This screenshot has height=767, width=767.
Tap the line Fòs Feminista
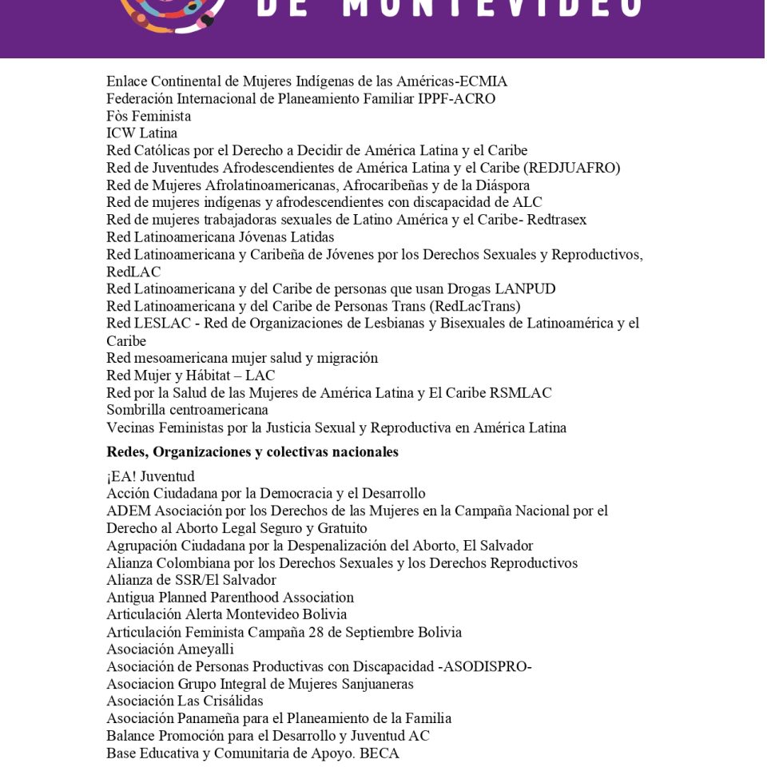(149, 117)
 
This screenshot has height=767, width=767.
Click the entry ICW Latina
(142, 133)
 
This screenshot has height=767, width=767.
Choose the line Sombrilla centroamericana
(187, 410)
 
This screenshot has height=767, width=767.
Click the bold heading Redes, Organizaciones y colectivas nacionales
(252, 452)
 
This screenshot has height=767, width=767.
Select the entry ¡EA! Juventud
(150, 477)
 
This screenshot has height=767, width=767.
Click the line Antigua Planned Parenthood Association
(230, 598)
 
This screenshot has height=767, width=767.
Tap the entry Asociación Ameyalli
(170, 650)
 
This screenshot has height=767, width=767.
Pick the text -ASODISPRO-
(486, 667)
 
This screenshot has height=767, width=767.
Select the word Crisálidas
(232, 701)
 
